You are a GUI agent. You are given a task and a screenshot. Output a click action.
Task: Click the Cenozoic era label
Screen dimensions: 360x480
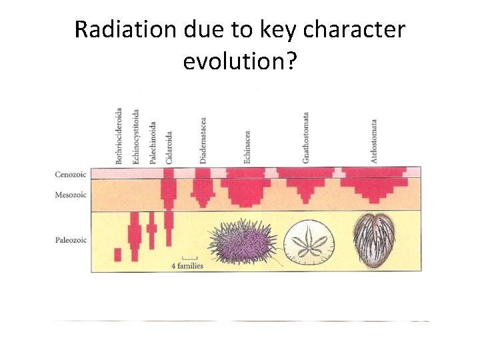(71, 175)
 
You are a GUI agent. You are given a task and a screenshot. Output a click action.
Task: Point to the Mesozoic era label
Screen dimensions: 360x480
(71, 196)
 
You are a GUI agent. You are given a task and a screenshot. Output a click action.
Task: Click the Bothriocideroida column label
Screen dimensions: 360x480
(119, 136)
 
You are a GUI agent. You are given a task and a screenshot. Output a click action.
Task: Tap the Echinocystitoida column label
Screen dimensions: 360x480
(136, 136)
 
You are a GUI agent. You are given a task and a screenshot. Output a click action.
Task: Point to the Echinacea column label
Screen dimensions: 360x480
(247, 147)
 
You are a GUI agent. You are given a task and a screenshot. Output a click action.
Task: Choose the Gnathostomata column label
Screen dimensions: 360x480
(305, 137)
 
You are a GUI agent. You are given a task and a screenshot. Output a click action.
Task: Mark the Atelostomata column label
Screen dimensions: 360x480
(374, 141)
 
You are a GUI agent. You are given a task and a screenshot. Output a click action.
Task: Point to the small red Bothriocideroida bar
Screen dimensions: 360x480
(118, 255)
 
